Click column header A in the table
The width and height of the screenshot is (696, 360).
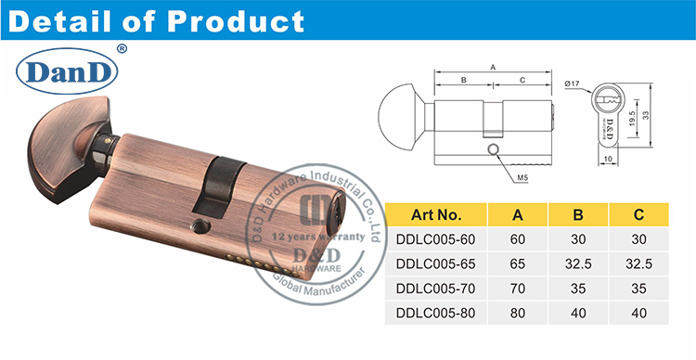[517, 215]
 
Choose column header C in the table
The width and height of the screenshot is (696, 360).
[638, 215]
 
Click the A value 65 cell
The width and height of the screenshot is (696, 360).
[517, 264]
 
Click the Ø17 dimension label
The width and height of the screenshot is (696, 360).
[573, 85]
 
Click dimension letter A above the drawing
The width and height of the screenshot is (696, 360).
[492, 67]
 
